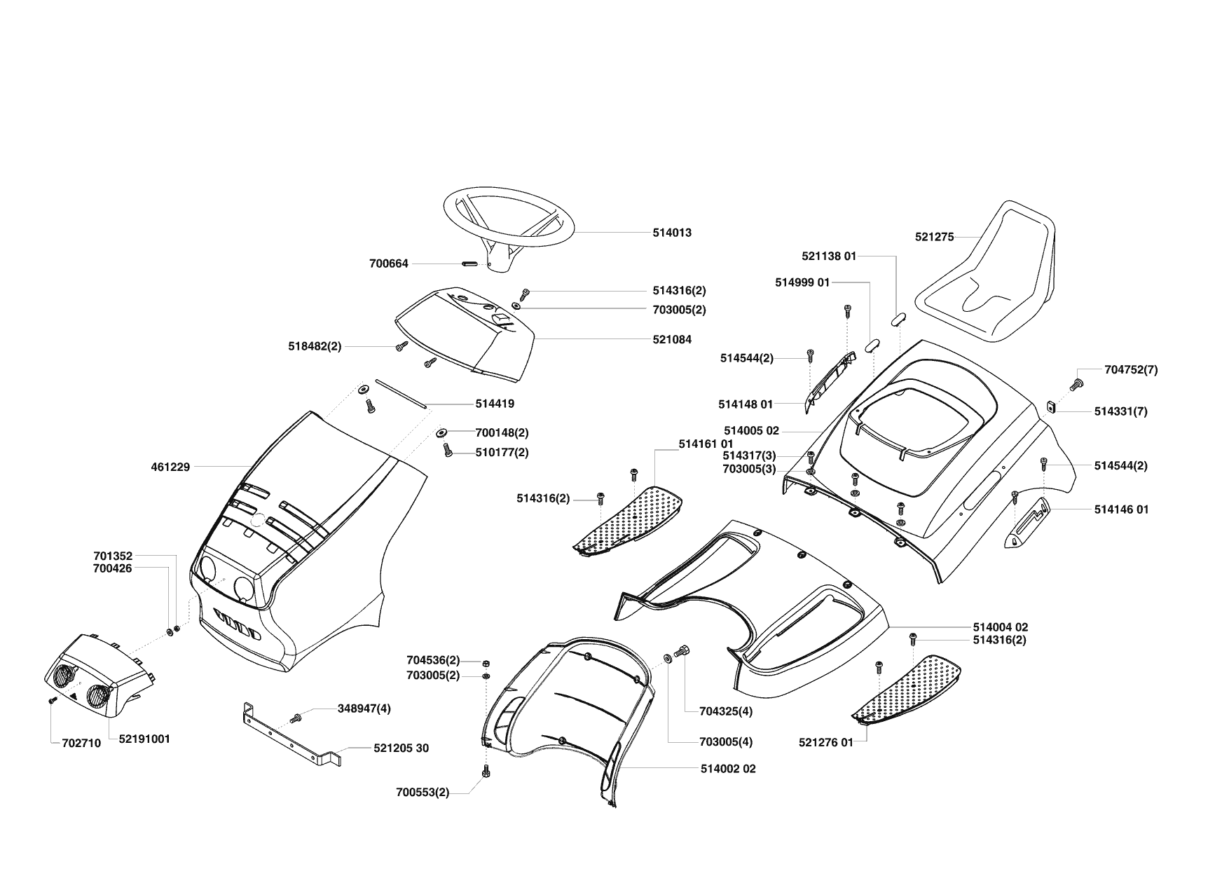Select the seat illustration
pyautogui.click(x=992, y=280)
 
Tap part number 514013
pyautogui.click(x=671, y=233)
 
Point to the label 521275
pyautogui.click(x=934, y=237)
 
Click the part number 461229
pyautogui.click(x=170, y=467)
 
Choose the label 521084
pyautogui.click(x=671, y=340)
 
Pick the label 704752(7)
pyautogui.click(x=1131, y=370)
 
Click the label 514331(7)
pyautogui.click(x=1120, y=412)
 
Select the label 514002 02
pyautogui.click(x=728, y=769)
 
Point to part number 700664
pyautogui.click(x=389, y=264)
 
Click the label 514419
pyautogui.click(x=495, y=404)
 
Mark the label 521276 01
pyautogui.click(x=825, y=742)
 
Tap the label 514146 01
pyautogui.click(x=1121, y=509)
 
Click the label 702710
pyautogui.click(x=76, y=744)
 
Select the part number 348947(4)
pyautogui.click(x=364, y=709)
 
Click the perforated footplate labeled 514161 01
pyautogui.click(x=631, y=519)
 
